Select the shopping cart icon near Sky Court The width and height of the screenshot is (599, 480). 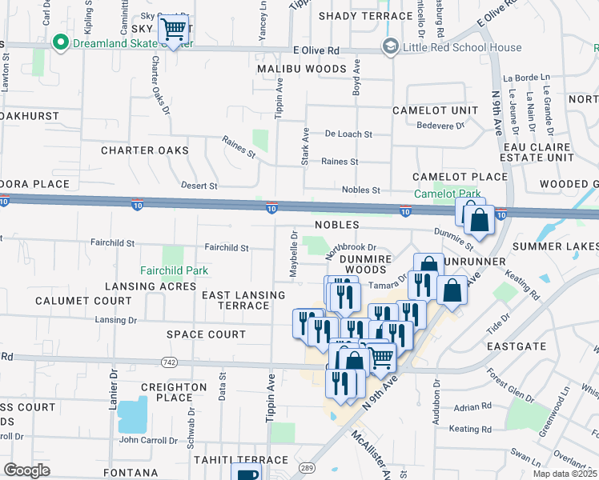(x=174, y=31)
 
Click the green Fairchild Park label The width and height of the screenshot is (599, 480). (x=175, y=270)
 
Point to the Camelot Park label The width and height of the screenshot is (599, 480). (x=447, y=194)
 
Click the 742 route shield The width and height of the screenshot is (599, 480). (x=168, y=362)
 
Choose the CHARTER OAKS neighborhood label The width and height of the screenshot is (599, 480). (x=145, y=150)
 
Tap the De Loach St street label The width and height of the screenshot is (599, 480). (x=348, y=134)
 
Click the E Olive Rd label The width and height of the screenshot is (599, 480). (x=316, y=50)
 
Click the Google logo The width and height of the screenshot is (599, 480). (x=27, y=470)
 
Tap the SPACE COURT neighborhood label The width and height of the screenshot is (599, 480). (x=206, y=334)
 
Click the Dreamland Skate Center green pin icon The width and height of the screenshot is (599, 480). (x=58, y=42)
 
